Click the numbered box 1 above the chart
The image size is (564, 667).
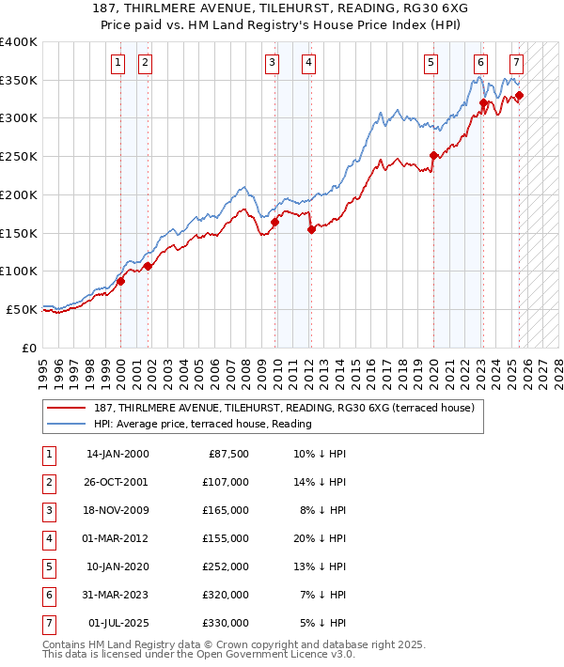pyautogui.click(x=118, y=63)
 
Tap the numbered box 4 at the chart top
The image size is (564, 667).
pyautogui.click(x=308, y=63)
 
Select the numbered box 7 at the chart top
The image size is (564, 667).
pyautogui.click(x=517, y=63)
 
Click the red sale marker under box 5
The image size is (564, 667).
pyautogui.click(x=433, y=156)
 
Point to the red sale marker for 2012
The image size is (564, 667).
pyautogui.click(x=311, y=229)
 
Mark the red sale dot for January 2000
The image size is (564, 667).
pyautogui.click(x=121, y=281)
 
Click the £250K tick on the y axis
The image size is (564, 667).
pyautogui.click(x=19, y=156)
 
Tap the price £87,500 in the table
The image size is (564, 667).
pyautogui.click(x=227, y=454)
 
